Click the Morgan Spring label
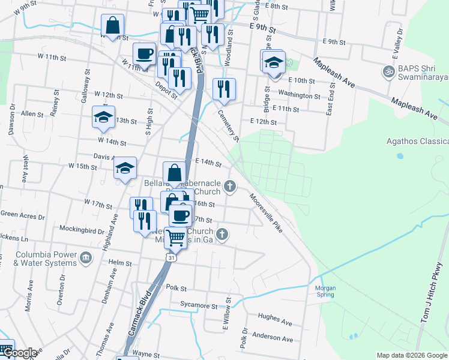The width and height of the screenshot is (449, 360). point(325,291)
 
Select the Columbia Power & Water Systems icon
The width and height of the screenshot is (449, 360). point(86,258)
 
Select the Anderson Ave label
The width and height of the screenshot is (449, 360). point(273,338)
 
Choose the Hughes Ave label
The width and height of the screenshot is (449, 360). point(274,319)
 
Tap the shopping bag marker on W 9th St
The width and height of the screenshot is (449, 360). point(112,25)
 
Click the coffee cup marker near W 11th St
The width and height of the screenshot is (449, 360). point(144,54)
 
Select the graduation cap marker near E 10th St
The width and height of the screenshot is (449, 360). point(273,62)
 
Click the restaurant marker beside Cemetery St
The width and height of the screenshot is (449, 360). point(224,89)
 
